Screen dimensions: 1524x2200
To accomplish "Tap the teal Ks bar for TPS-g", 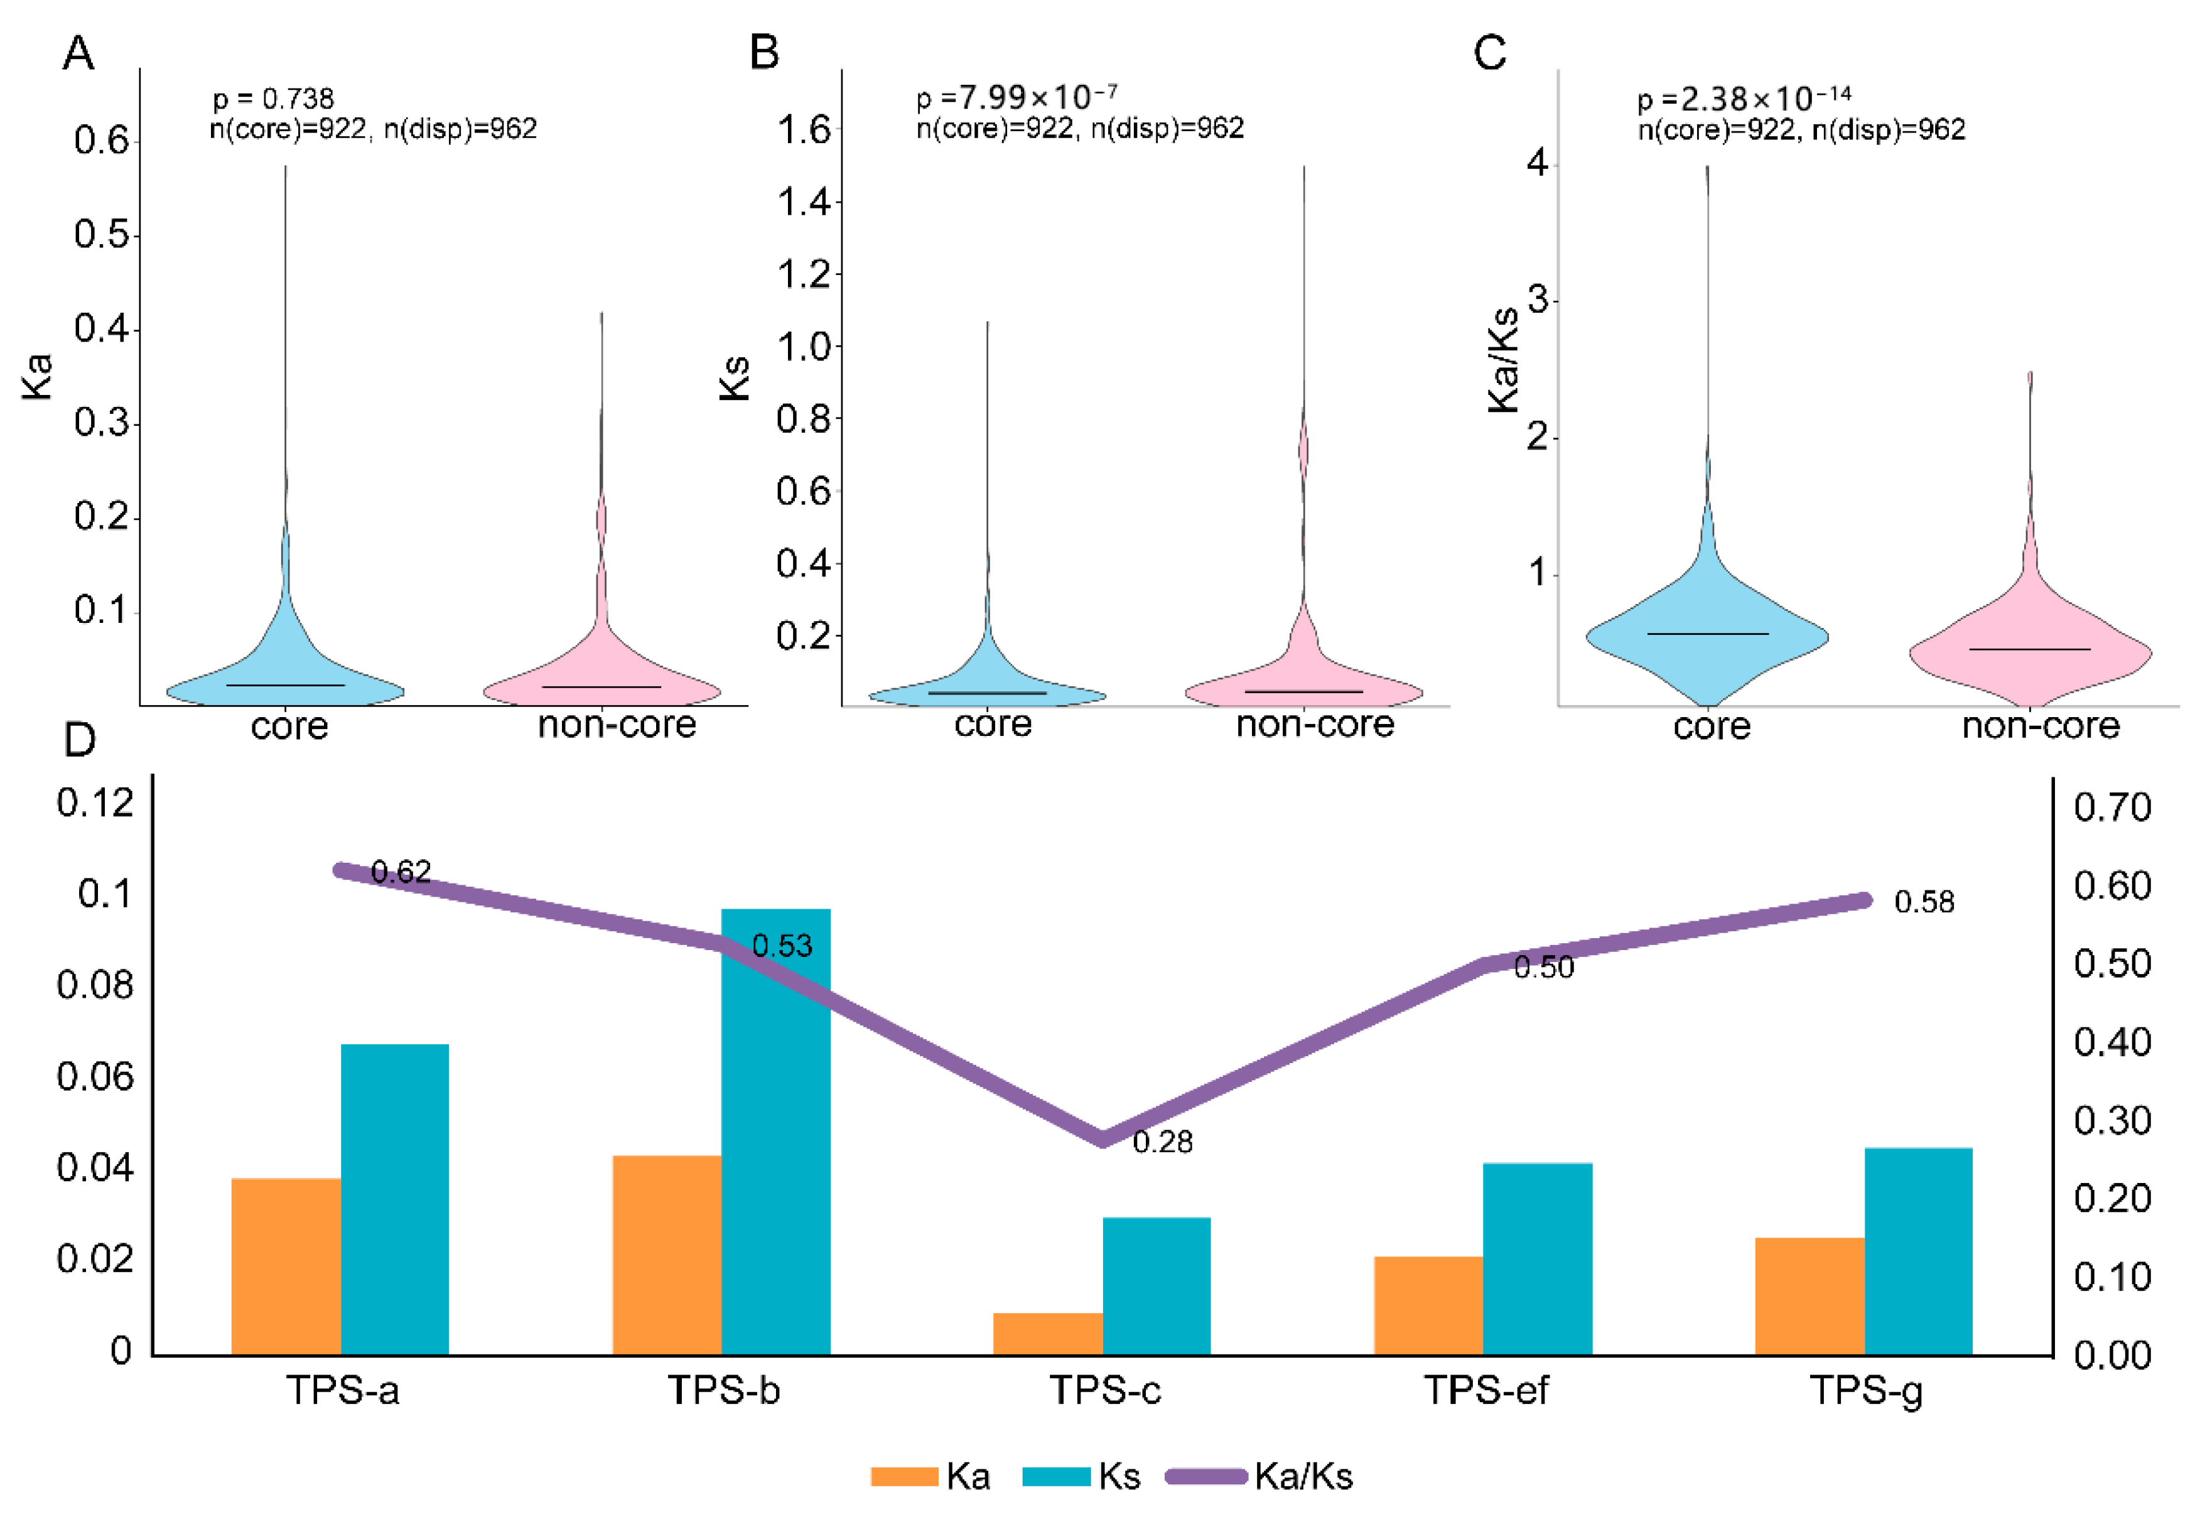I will pyautogui.click(x=1917, y=1251).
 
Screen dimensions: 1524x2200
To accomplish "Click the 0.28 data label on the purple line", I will pyautogui.click(x=1162, y=1142).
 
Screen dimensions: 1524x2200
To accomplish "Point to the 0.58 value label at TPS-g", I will pyautogui.click(x=1923, y=902).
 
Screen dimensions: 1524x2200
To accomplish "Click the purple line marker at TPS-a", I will pyautogui.click(x=341, y=870).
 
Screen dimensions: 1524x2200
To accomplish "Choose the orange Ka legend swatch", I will pyautogui.click(x=903, y=1477).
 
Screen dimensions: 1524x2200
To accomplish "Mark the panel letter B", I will pyautogui.click(x=764, y=53).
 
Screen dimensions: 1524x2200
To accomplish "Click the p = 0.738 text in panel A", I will pyautogui.click(x=273, y=99).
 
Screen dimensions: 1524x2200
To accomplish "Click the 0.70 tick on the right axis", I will pyautogui.click(x=2112, y=808).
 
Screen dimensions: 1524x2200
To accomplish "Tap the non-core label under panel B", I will pyautogui.click(x=1315, y=725).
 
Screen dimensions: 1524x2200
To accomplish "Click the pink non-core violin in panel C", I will pyautogui.click(x=2030, y=659).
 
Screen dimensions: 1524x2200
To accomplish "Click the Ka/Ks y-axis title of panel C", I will pyautogui.click(x=1503, y=359).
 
